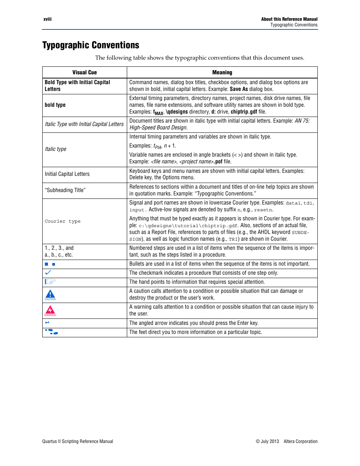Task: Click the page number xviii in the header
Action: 47,19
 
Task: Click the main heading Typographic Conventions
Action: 91,45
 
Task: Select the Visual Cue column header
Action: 85,72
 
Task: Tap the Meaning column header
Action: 222,72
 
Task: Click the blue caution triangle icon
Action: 50,294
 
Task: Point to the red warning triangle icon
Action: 50,310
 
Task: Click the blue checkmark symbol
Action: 48,272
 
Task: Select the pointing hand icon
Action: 50,281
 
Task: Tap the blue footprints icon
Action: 52,332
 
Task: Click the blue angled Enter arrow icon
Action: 47,323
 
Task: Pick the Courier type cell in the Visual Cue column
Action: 63,221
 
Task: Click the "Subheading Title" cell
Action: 65,190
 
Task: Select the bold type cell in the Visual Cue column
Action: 55,105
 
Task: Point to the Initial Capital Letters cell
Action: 67,174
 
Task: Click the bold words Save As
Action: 238,89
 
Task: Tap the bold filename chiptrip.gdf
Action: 244,112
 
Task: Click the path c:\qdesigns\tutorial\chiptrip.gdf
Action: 188,226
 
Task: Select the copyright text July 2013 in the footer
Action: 267,441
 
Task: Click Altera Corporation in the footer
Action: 300,441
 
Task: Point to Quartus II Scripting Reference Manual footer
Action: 78,441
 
